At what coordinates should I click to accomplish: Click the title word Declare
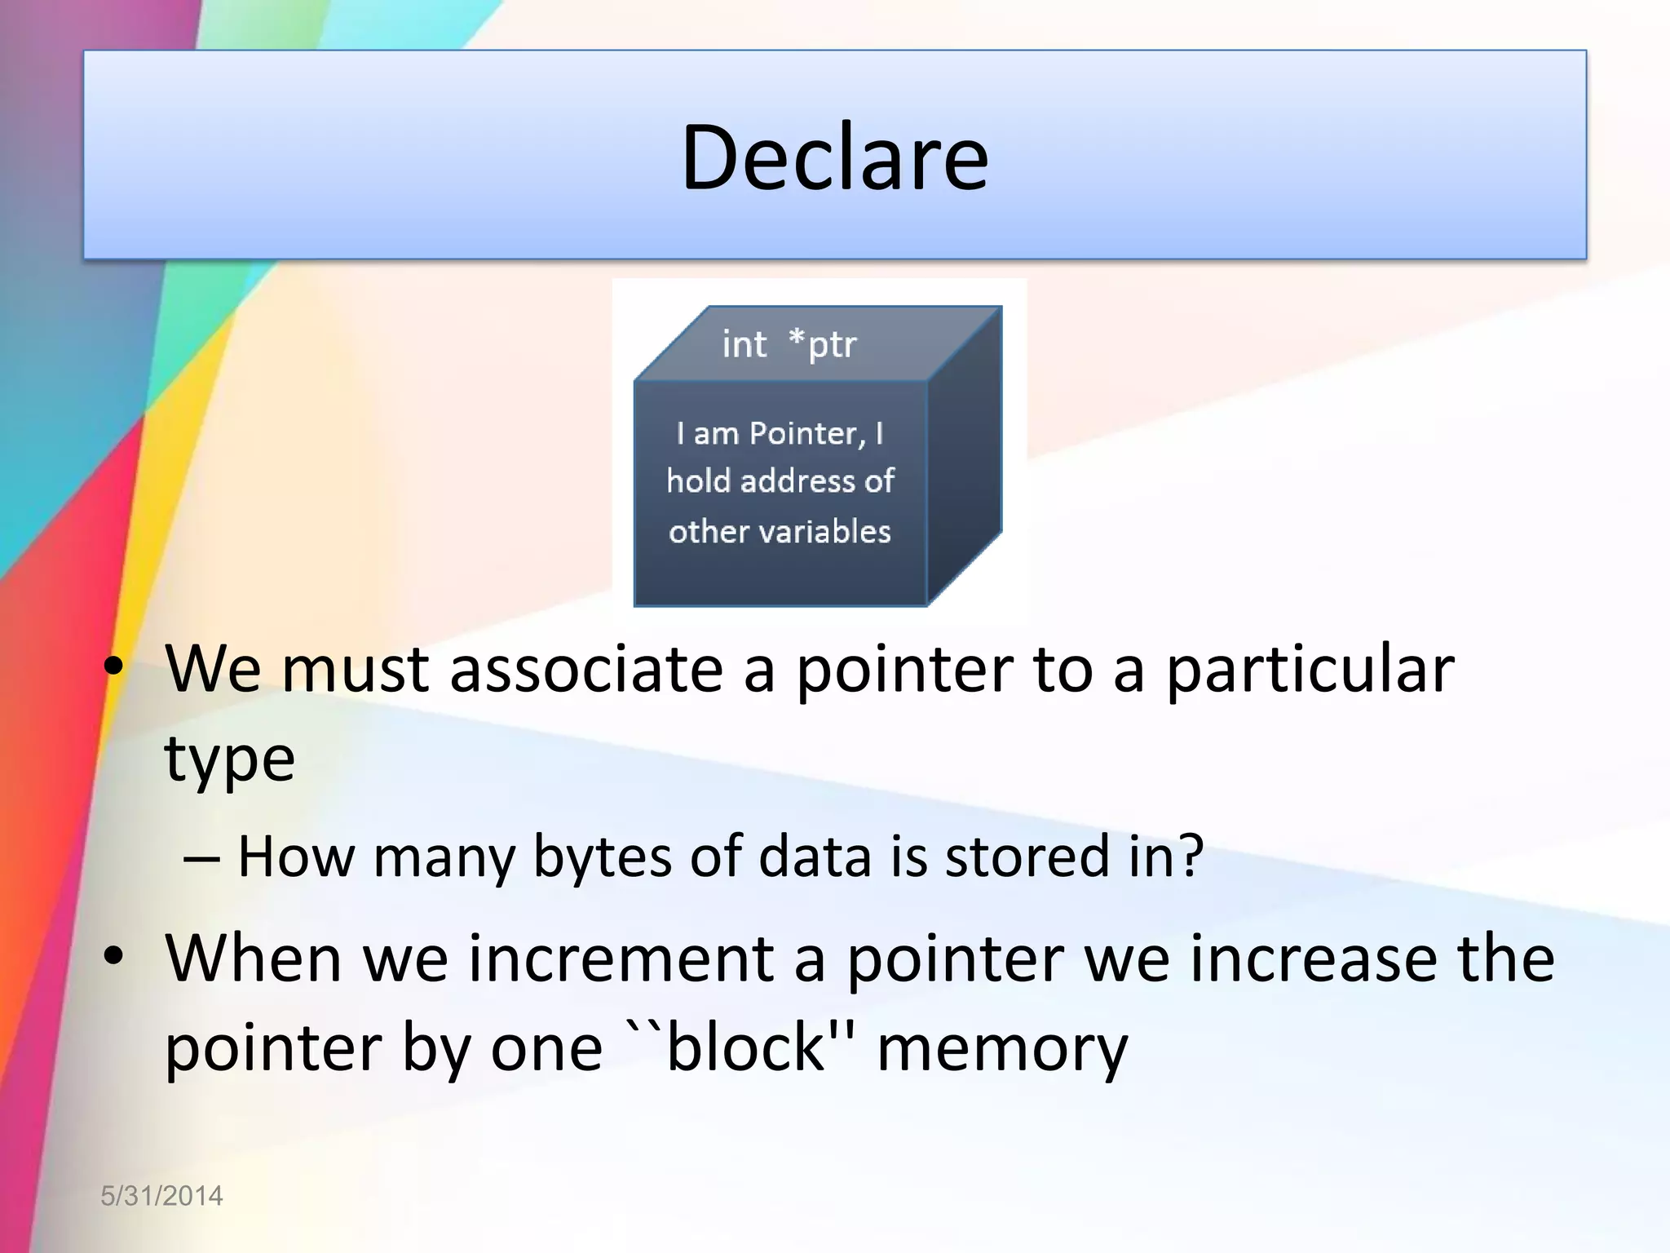(x=834, y=157)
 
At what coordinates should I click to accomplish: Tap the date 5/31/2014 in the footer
(x=161, y=1196)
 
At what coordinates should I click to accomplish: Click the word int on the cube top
(x=744, y=344)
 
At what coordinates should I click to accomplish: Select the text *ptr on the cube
(x=823, y=344)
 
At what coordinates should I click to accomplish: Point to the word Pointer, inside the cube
(x=806, y=433)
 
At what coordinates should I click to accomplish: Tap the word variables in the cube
(x=825, y=532)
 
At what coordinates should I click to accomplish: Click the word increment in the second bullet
(x=621, y=959)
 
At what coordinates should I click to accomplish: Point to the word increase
(x=1314, y=959)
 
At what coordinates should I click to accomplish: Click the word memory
(x=1002, y=1050)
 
